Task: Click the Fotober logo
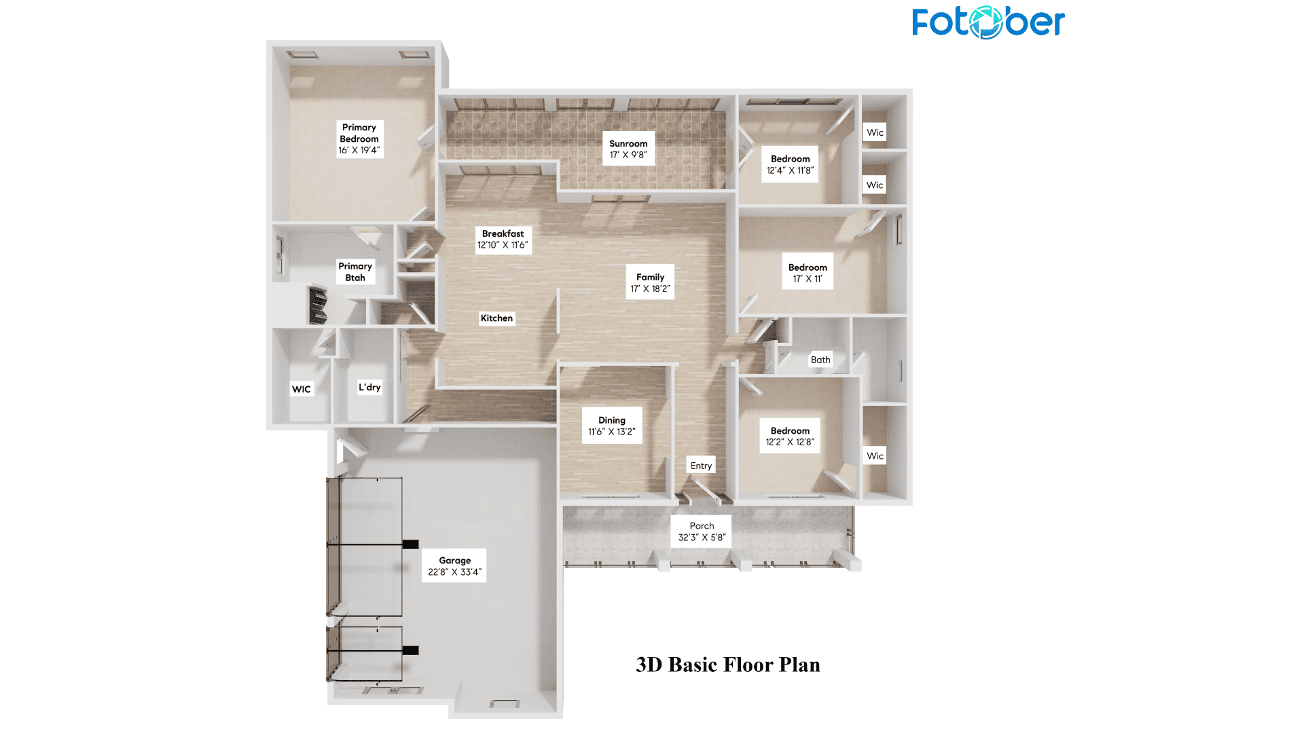(x=988, y=22)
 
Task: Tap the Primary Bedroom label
(x=360, y=139)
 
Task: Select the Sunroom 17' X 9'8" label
(x=628, y=149)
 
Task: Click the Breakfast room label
(x=503, y=240)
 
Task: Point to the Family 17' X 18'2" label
(x=650, y=282)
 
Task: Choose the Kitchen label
(x=496, y=318)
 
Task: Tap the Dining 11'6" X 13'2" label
(x=612, y=426)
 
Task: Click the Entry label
(x=701, y=466)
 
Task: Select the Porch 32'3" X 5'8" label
(x=702, y=531)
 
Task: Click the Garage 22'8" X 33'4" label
(x=454, y=566)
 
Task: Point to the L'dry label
(x=369, y=388)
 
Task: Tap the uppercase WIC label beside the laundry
(x=302, y=390)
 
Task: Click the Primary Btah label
(x=355, y=271)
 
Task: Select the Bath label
(x=820, y=360)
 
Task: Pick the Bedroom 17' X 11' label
(x=808, y=273)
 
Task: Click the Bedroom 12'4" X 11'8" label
(x=790, y=164)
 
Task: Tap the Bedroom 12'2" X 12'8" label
(x=790, y=436)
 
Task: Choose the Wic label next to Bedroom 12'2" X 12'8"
(x=875, y=456)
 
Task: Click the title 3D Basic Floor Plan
(x=728, y=664)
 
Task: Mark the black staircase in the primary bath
(x=318, y=306)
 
